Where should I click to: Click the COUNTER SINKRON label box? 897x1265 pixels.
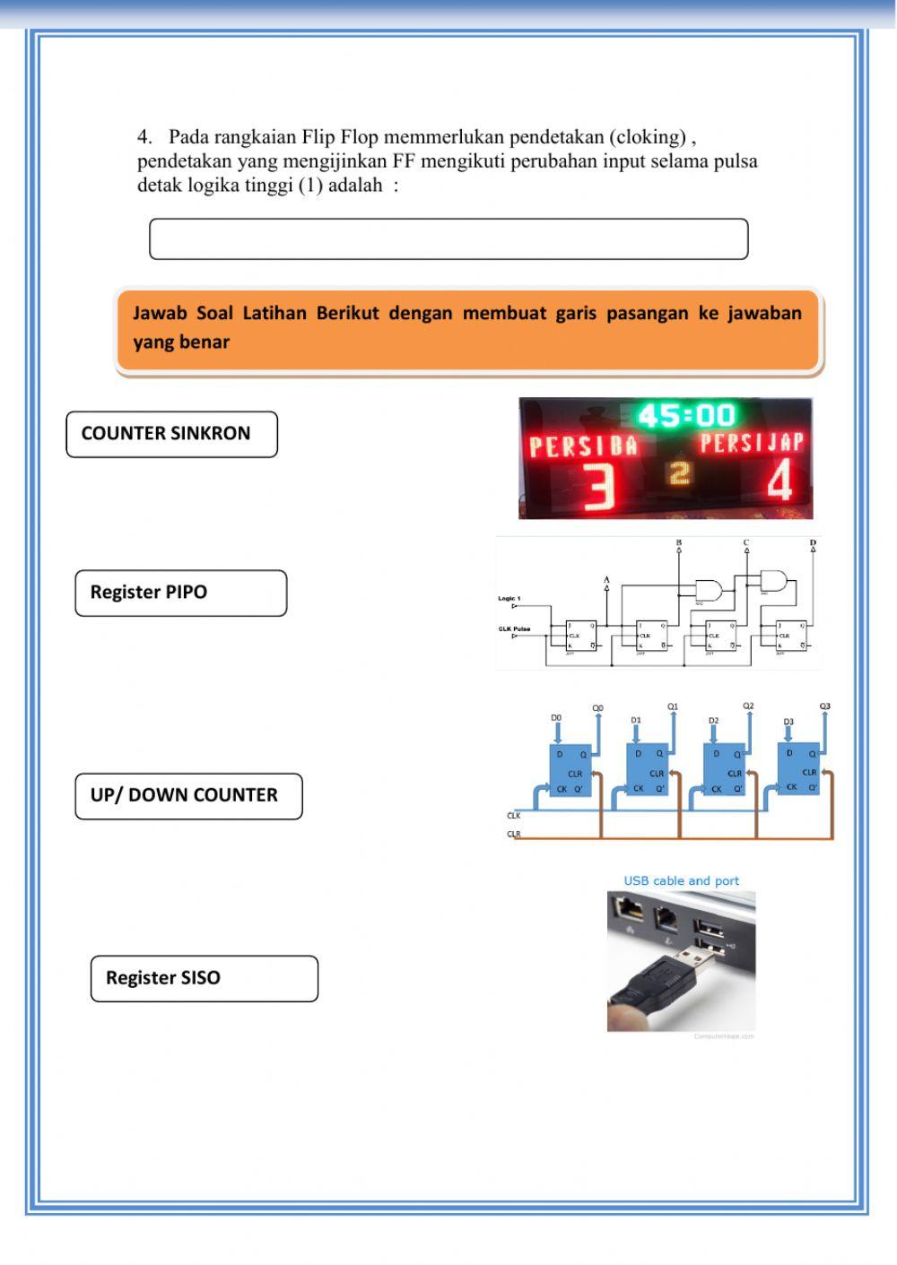coord(171,434)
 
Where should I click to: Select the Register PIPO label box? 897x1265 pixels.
coord(180,593)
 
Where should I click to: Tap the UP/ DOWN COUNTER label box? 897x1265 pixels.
coord(188,795)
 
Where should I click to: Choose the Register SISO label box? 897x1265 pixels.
coord(204,978)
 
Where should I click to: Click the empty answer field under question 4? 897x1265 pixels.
coord(448,239)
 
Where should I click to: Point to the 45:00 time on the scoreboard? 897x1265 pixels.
coord(686,415)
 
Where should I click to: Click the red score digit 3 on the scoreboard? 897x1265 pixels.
coord(600,488)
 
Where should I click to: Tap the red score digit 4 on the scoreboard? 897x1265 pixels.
coord(779,483)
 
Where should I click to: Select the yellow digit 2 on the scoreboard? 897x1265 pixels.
coord(681,472)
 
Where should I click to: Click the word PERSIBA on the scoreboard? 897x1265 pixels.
coord(583,446)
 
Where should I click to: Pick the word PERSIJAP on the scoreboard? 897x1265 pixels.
coord(752,442)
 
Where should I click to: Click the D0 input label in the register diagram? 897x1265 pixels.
coord(556,718)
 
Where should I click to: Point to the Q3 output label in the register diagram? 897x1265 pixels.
coord(824,706)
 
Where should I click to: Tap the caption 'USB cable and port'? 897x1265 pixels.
coord(681,880)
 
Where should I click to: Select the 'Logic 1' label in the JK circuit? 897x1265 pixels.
coord(509,598)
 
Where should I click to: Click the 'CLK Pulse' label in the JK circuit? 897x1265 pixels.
coord(514,628)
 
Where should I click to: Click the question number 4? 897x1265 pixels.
coord(144,137)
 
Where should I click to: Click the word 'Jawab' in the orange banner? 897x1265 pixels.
coord(159,314)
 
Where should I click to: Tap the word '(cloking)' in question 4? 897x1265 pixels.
coord(647,137)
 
